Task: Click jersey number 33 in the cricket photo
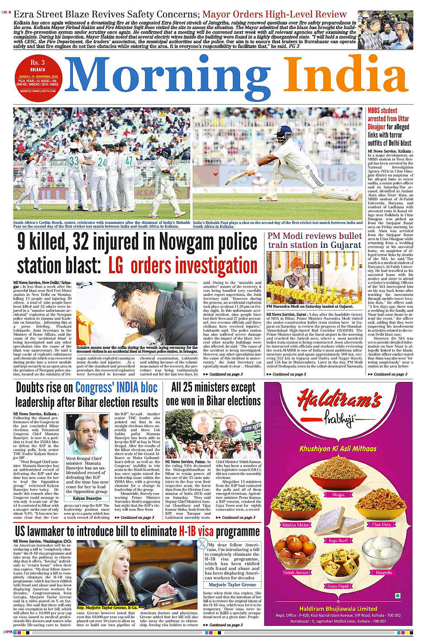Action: pos(74,161)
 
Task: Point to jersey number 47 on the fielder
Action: pos(130,160)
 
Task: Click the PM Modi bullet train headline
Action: pos(314,241)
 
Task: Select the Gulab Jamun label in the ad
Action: pos(295,572)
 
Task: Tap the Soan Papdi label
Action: pos(338,586)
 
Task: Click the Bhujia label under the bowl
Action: pos(338,495)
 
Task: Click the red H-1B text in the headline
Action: pos(196,531)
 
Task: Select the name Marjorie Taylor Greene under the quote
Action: pos(232,585)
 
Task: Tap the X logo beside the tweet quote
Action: pos(202,544)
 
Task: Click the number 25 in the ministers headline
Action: pos(188,387)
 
